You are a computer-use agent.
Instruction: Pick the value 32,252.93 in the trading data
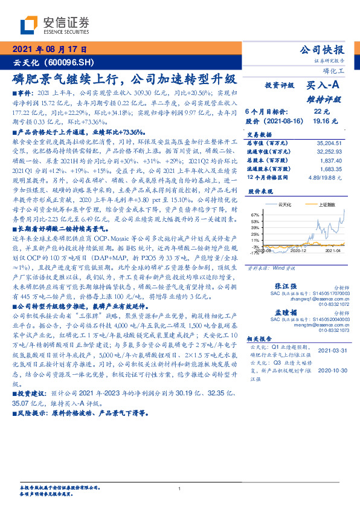pos(331,150)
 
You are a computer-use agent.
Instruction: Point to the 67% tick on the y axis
pos(255,215)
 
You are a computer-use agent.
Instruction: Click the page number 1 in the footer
pos(179,488)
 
